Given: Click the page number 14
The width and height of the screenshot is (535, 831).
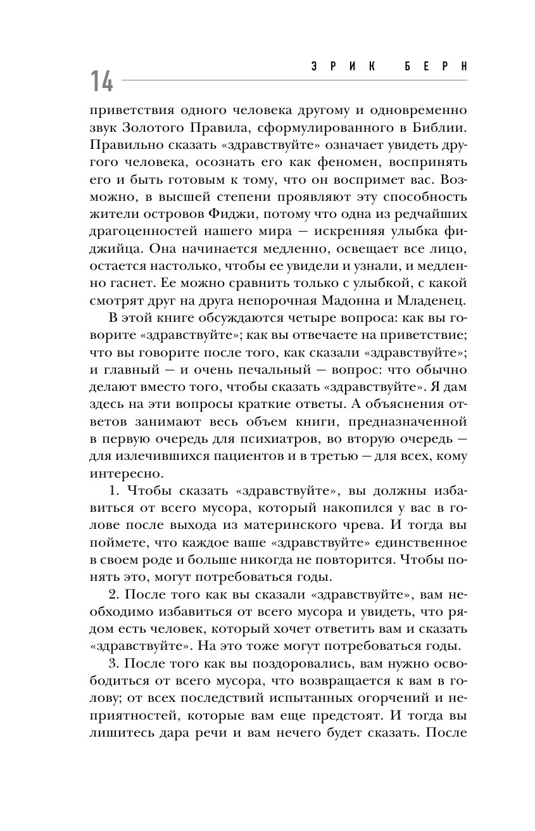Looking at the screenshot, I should tap(101, 82).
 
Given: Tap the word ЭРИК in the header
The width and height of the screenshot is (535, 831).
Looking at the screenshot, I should tap(348, 67).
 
